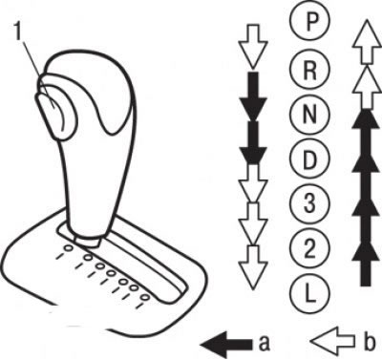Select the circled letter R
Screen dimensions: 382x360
point(310,71)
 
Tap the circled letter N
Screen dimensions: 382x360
point(310,115)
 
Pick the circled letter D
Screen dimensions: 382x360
point(310,159)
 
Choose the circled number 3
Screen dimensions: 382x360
point(310,203)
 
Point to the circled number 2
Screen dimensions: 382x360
point(310,248)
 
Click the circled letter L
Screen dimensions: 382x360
point(310,293)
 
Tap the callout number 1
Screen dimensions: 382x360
point(18,32)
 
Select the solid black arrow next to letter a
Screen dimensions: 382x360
point(226,344)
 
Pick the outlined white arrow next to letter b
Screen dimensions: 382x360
point(332,341)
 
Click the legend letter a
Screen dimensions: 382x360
point(265,343)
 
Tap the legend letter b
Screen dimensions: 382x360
point(369,340)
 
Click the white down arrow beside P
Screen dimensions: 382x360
point(253,46)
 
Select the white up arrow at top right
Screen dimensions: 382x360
point(367,41)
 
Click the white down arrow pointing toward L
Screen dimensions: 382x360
point(253,268)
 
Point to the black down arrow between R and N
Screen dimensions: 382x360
point(253,95)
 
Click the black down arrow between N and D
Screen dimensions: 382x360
point(253,142)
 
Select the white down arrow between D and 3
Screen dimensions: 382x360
point(253,182)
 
